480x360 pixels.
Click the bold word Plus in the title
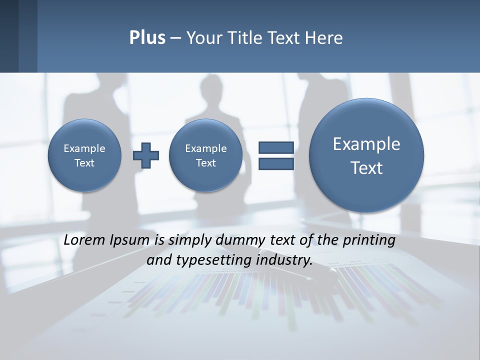147,38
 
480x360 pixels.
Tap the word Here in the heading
325,38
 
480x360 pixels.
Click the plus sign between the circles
146,155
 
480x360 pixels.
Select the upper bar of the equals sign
276,147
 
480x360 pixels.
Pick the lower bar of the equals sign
276,163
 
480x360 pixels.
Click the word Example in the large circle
366,144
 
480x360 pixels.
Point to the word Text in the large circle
366,168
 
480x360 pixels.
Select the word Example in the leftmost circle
84,148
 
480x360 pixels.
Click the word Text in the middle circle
206,163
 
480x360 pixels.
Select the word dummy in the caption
241,240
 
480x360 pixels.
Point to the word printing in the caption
368,240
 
